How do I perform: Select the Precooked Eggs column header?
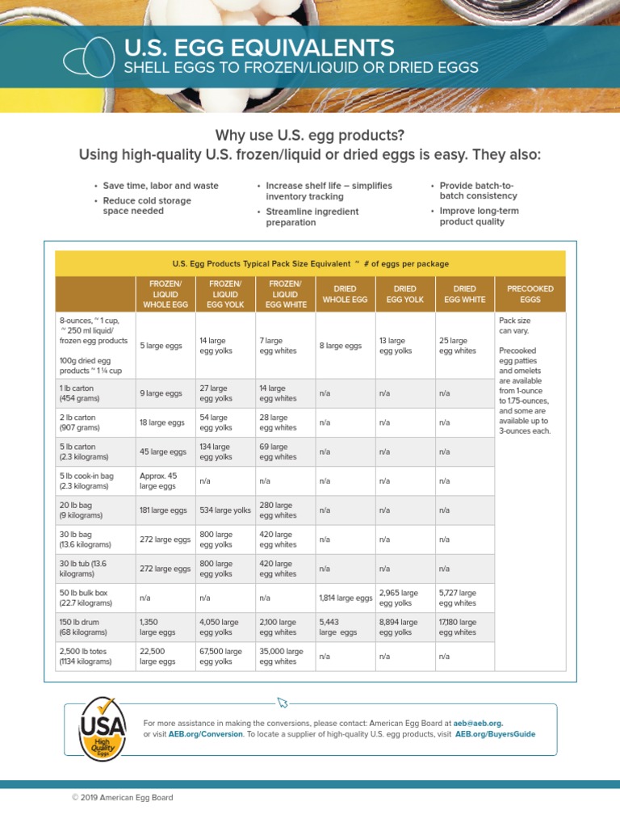click(530, 294)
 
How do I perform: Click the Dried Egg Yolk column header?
click(404, 294)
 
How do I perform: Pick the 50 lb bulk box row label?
click(85, 598)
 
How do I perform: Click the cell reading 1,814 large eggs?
click(346, 598)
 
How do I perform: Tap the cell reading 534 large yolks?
click(225, 510)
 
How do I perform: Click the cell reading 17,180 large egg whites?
click(458, 627)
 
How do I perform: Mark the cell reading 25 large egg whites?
click(458, 346)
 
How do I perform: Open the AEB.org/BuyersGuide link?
click(495, 735)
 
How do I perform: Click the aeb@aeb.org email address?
click(479, 723)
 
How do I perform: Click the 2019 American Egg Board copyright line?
click(122, 798)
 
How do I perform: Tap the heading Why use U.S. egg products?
click(309, 134)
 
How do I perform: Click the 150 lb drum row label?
click(83, 627)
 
